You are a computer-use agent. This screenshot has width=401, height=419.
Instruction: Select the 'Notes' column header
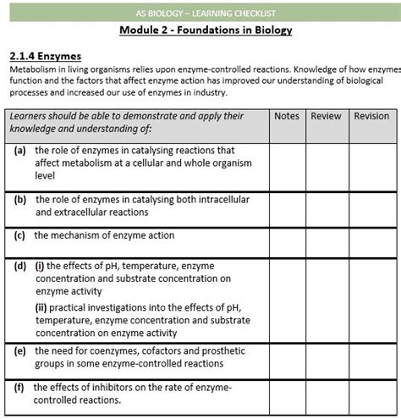pos(287,116)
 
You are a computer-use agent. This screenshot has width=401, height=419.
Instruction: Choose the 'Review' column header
pos(326,116)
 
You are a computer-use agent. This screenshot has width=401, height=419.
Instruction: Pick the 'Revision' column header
pos(371,116)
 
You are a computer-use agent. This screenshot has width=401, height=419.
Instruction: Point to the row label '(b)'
pos(20,201)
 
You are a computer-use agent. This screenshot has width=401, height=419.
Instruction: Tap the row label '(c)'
pos(19,236)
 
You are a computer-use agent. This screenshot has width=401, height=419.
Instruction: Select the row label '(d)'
pos(19,266)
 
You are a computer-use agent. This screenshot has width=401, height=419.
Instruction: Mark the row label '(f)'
pos(19,388)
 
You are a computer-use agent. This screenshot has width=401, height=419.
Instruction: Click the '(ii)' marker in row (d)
pos(41,308)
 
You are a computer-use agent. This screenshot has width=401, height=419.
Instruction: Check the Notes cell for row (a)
pos(287,165)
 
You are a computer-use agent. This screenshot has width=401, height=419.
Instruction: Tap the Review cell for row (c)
pos(326,241)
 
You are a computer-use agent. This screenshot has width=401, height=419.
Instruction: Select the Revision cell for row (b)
pos(371,207)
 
